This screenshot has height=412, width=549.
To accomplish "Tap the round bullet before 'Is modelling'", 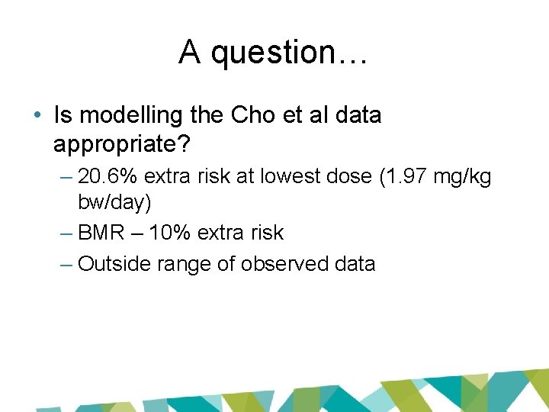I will pos(38,116).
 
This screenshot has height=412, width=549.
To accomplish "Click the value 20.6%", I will pos(108,178).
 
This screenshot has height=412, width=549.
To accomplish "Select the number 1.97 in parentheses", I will pos(407,178).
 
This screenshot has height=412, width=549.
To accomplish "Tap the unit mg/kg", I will pos(462,179).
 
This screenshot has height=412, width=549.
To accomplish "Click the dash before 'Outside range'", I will pos(65,264).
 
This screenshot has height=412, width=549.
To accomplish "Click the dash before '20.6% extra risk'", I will pos(65,178).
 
